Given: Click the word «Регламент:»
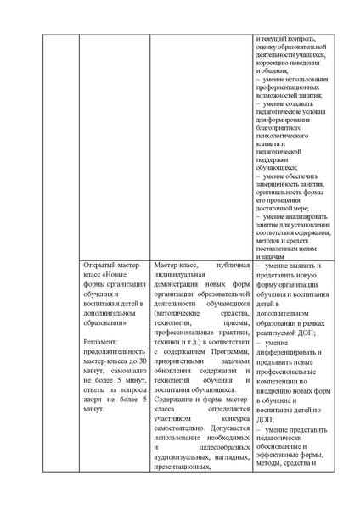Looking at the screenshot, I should tap(102, 341).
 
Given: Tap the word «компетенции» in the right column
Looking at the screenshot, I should tap(279, 399).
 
